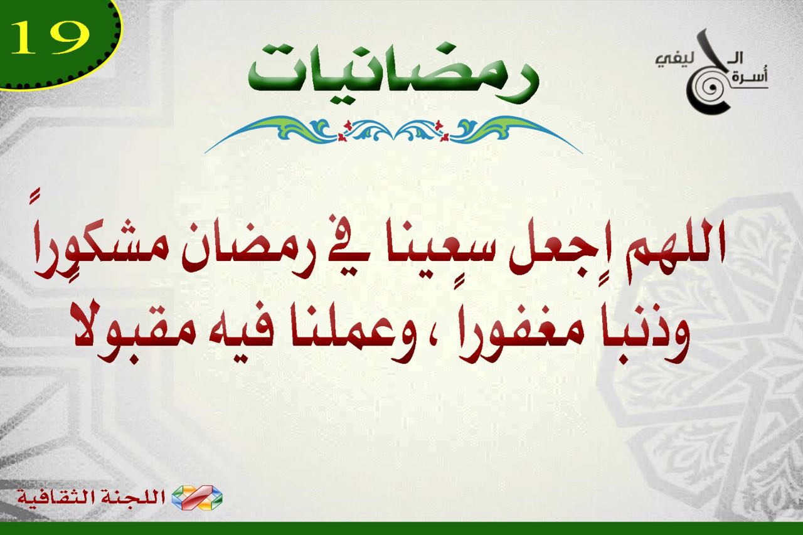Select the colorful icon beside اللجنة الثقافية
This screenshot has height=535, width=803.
coord(197,497)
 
